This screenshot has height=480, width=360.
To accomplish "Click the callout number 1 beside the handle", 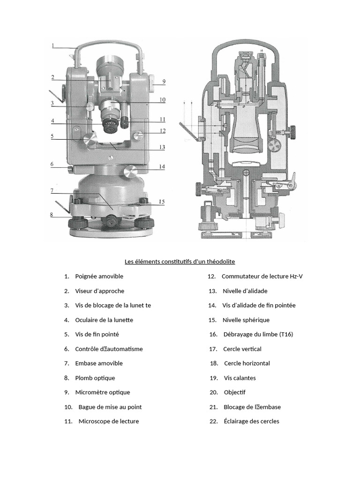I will coord(53,45).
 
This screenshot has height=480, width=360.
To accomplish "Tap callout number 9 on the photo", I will coord(164,82).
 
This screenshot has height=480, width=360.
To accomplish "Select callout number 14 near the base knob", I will coord(162,166).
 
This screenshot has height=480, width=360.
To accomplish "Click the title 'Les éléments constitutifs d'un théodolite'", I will coord(180,261).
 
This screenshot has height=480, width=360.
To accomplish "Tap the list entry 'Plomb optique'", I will coord(95,378).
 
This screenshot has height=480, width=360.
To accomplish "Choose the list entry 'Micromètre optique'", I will coord(103,392).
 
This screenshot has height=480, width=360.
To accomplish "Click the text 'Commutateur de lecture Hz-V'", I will coord(262,276).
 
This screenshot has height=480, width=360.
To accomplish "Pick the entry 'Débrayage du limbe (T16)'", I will coord(258,334).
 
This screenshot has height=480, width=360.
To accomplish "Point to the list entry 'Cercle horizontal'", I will coord(247,363).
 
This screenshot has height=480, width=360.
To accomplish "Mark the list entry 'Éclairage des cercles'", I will coord(251,421).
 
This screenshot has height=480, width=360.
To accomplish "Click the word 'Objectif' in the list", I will coord(234,392).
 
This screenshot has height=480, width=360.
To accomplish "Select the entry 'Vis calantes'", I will coord(240,378).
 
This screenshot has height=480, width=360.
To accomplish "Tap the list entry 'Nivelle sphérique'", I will coord(246,320).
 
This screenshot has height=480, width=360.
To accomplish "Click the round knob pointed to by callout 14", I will coord(130,172).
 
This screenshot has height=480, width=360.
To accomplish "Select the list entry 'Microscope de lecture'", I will coord(109,421).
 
